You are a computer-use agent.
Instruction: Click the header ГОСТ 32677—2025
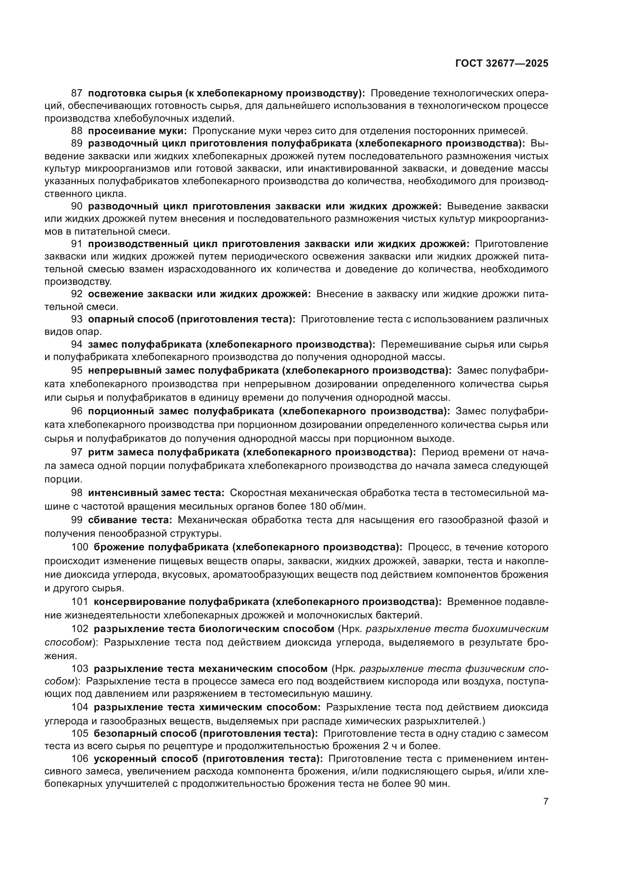(501, 63)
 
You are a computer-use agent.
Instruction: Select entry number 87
(77, 93)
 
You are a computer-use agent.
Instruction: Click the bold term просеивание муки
(137, 131)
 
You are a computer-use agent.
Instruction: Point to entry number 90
(77, 206)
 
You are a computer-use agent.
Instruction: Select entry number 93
(77, 319)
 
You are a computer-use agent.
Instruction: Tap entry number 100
(79, 547)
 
